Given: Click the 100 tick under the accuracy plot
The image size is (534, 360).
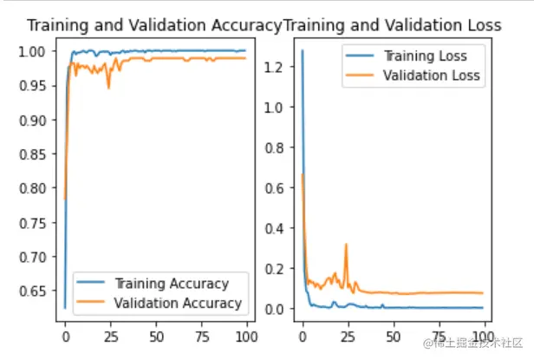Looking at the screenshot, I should pos(248,334).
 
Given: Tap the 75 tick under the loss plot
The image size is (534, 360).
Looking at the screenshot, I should pos(440,334).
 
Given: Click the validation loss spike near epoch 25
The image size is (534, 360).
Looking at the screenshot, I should pos(347,245).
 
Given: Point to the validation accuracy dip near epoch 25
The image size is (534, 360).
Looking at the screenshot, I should pos(108,88).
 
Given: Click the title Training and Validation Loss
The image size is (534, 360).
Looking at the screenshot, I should pos(393,25).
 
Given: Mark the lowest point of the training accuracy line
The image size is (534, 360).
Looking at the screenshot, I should pos(64,307).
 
